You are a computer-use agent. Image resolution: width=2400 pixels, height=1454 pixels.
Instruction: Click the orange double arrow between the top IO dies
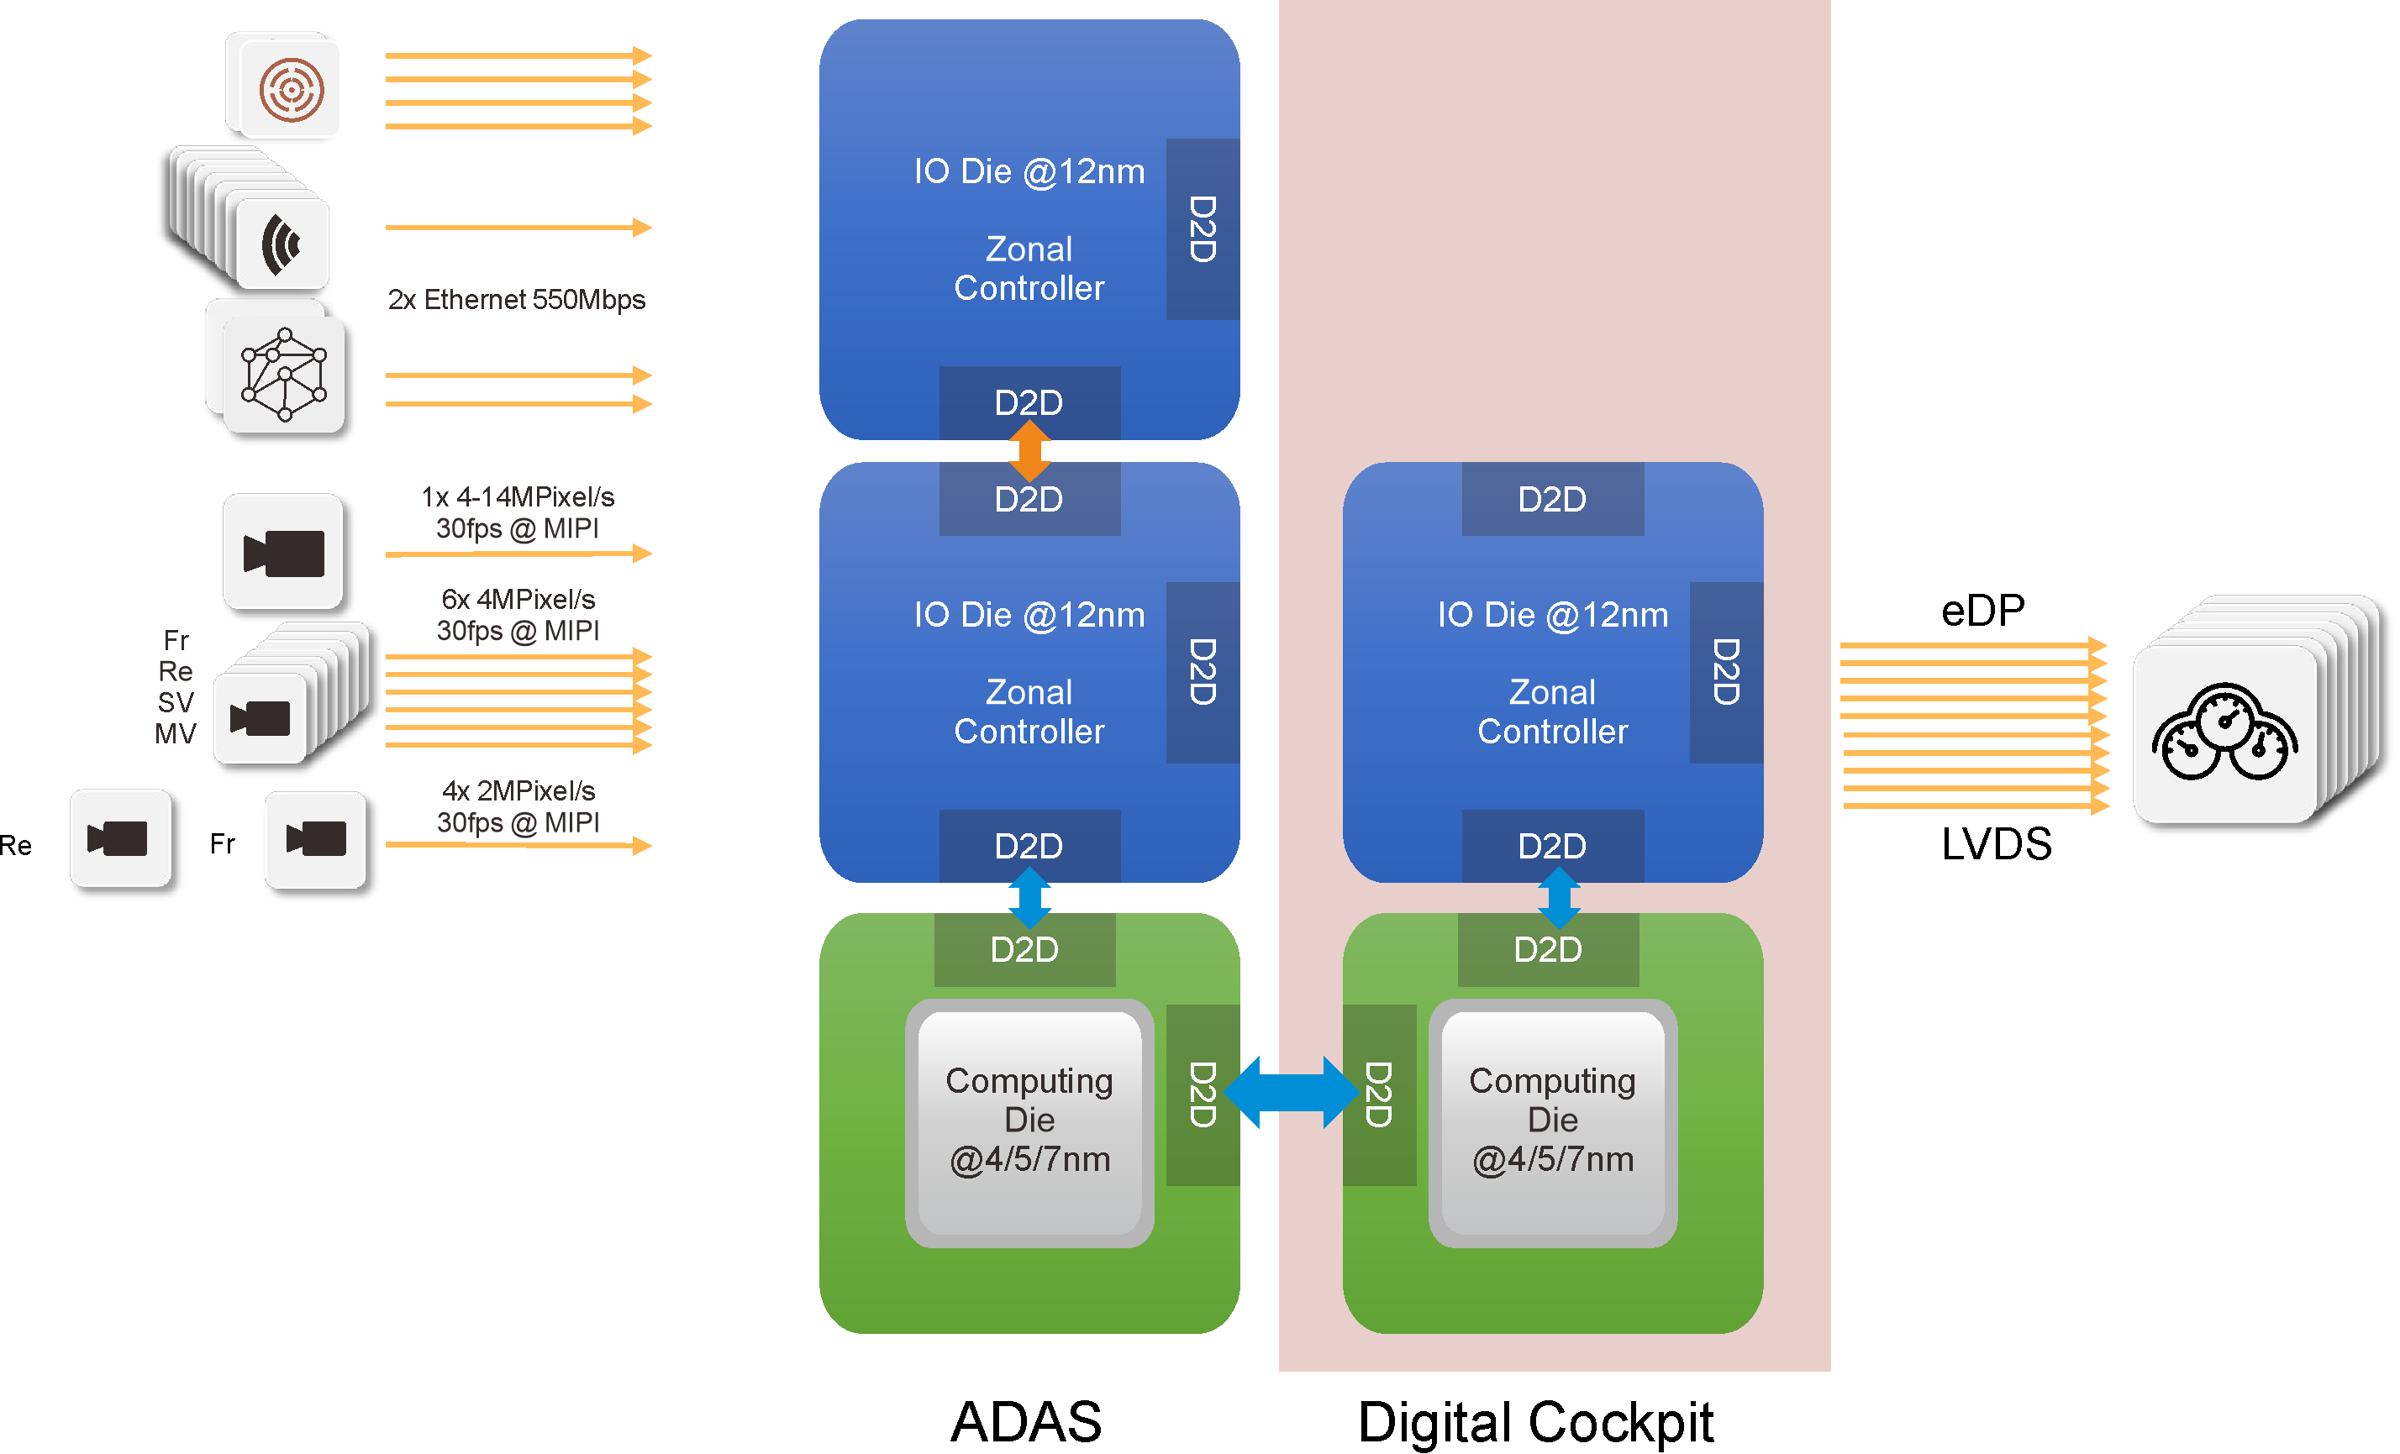pyautogui.click(x=1029, y=451)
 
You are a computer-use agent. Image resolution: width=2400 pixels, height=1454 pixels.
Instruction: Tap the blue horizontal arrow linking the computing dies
pyautogui.click(x=1291, y=1093)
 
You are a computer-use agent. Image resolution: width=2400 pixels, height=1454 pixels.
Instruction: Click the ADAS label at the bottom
pyautogui.click(x=1027, y=1423)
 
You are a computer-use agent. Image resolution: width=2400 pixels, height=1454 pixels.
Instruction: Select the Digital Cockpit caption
pyautogui.click(x=1536, y=1423)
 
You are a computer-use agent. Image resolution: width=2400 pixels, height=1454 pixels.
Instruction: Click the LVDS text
pyautogui.click(x=1997, y=844)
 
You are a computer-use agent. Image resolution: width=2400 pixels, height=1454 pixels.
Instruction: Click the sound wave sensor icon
pyautogui.click(x=282, y=244)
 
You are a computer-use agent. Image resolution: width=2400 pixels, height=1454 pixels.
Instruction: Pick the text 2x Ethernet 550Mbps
pyautogui.click(x=516, y=300)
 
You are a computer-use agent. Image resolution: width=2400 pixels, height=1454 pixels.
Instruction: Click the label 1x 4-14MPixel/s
pyautogui.click(x=517, y=497)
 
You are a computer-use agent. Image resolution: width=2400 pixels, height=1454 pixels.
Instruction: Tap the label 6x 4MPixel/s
pyautogui.click(x=517, y=600)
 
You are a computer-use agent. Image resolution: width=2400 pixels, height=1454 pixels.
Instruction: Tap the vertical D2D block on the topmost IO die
pyautogui.click(x=1202, y=228)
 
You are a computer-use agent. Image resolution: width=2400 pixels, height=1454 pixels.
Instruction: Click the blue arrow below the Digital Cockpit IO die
pyautogui.click(x=1559, y=898)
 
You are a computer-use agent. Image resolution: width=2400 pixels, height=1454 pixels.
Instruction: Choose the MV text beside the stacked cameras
pyautogui.click(x=176, y=734)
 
